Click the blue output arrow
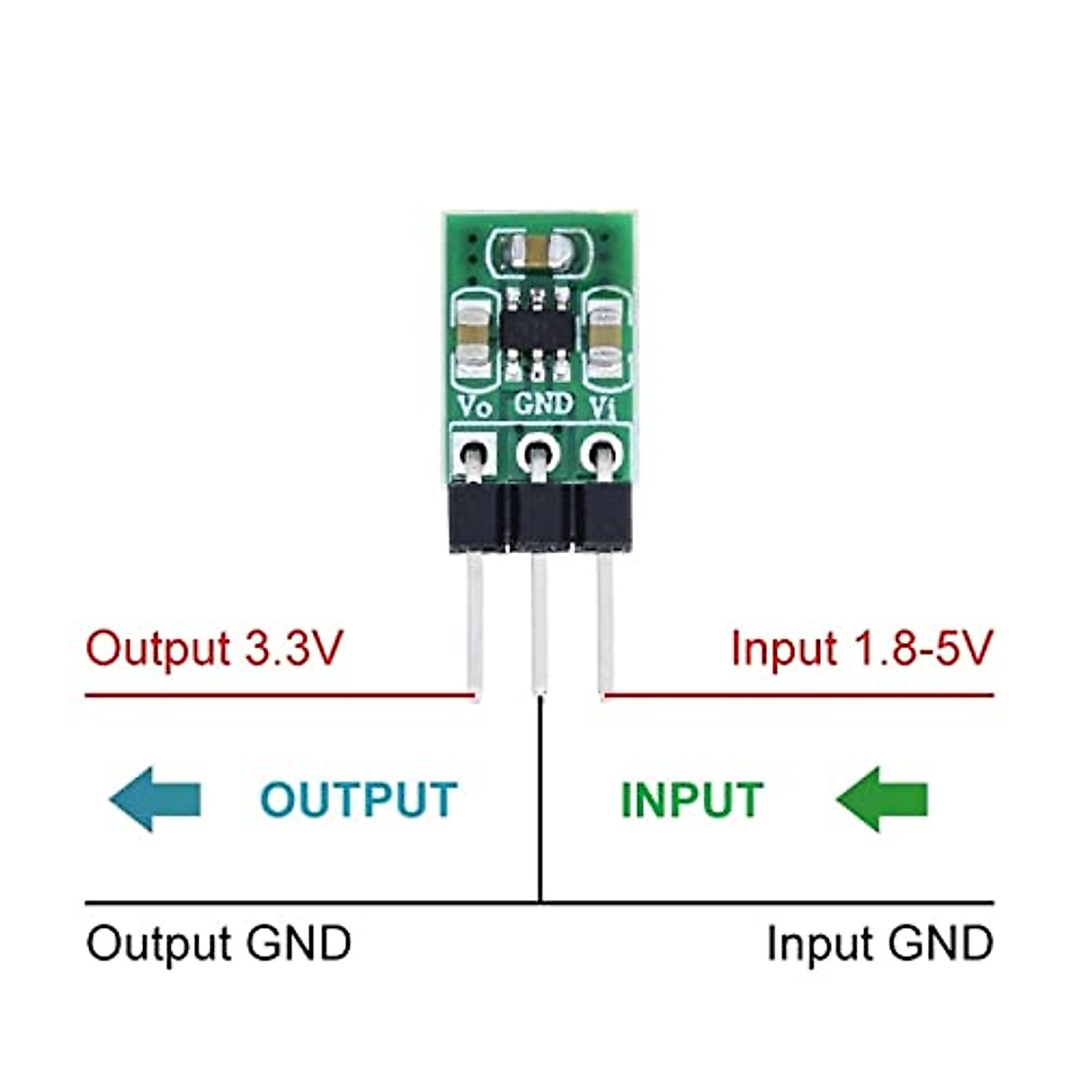pos(155,798)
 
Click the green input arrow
pos(882,798)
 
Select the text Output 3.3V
pos(214,648)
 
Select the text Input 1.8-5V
pos(861,648)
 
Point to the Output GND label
pos(218,944)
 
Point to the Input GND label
pos(878,944)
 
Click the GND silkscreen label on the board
pos(543,405)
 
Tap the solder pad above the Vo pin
pos(474,452)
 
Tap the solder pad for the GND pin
pos(538,453)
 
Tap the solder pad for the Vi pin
pos(601,452)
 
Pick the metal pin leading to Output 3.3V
pos(475,620)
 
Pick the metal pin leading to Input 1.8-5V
pos(606,620)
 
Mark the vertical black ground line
pos(539,800)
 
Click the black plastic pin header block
pos(539,517)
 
